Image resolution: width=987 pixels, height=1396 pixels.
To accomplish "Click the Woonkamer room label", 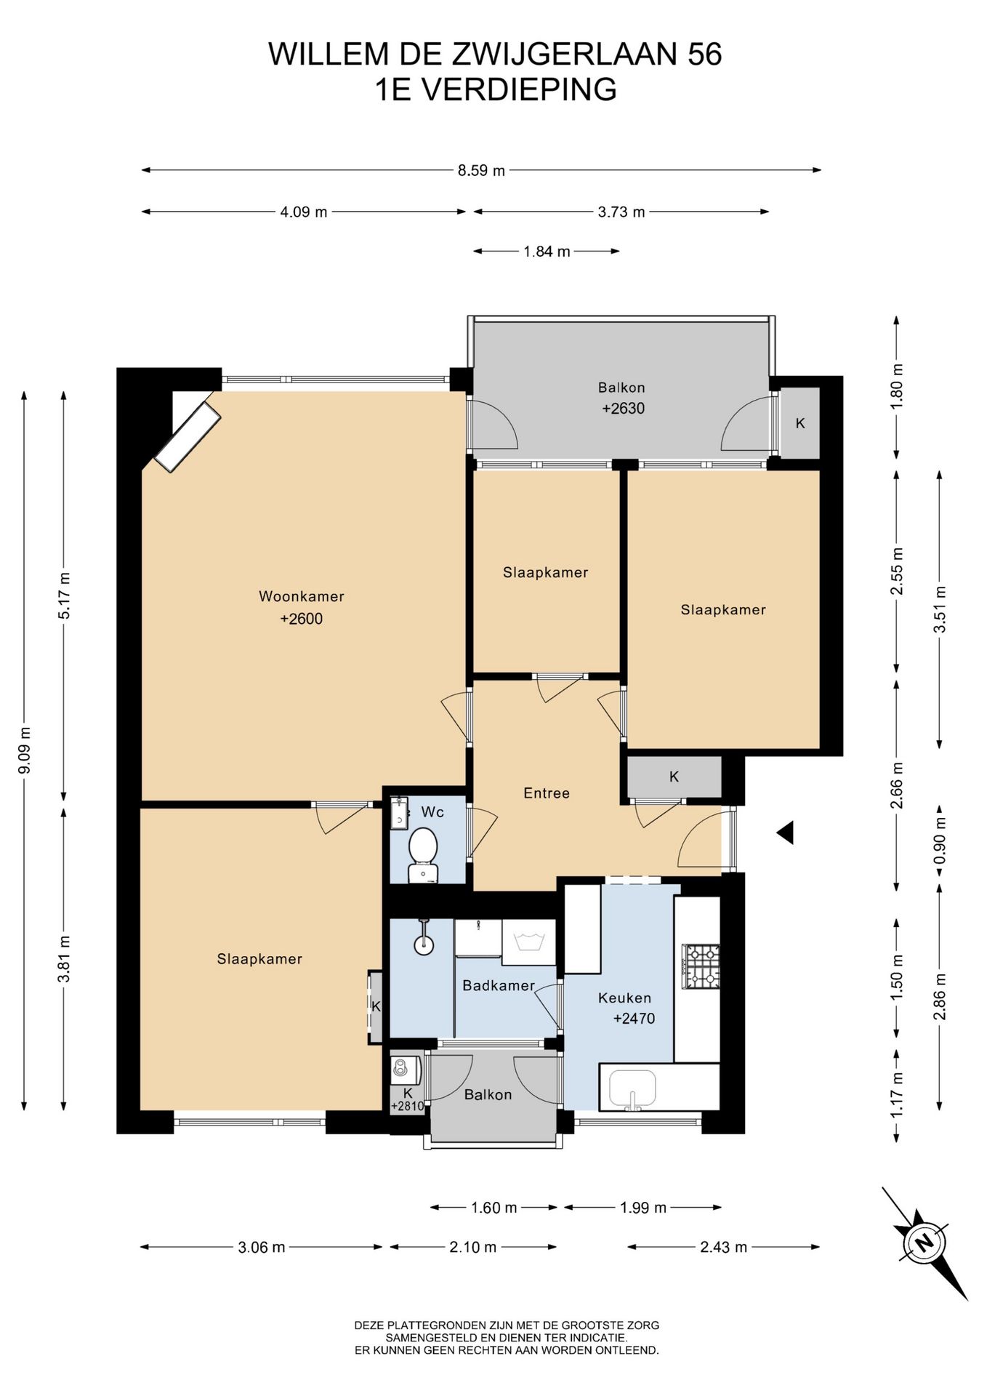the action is (302, 597).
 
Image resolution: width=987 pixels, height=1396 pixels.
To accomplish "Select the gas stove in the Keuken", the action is (701, 966).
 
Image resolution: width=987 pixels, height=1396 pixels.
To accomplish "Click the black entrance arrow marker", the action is (784, 833).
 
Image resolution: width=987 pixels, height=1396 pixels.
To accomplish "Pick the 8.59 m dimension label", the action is (481, 171).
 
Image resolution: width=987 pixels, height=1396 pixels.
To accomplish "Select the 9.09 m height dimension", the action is (24, 750).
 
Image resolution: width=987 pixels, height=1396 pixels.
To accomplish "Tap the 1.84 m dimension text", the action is (547, 252).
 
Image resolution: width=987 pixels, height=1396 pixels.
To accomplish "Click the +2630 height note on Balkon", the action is (623, 409).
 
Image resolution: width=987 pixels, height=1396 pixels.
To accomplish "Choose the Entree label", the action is (547, 793).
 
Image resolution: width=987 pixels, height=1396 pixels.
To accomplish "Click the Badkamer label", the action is (499, 986).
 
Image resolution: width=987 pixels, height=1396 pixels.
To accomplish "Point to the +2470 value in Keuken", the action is (634, 1019).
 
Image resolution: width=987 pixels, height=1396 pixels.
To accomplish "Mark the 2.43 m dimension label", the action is (724, 1247).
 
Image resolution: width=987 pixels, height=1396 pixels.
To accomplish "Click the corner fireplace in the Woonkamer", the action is (188, 437).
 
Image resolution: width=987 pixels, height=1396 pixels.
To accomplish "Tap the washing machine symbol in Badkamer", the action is (529, 942).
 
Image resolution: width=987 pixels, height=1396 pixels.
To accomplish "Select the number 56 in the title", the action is (704, 55).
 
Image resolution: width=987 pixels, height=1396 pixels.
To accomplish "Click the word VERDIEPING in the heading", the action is (519, 89).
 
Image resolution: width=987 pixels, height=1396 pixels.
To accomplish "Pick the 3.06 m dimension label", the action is (262, 1247).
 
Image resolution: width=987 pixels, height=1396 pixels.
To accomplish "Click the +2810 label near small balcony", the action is (407, 1107).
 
